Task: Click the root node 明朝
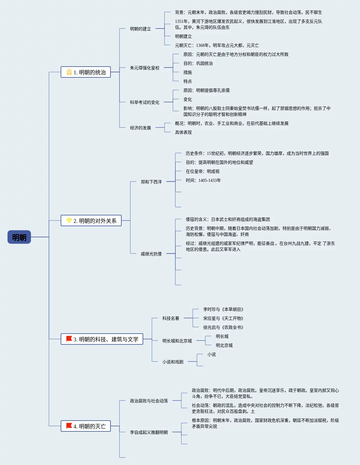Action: tap(19, 237)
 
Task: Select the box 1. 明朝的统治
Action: tap(86, 72)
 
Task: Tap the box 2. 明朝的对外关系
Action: tap(91, 220)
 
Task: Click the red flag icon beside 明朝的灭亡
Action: tap(69, 426)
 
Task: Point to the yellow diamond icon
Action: tap(69, 220)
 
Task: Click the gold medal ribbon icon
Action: tap(69, 72)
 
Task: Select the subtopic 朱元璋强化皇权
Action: tap(144, 68)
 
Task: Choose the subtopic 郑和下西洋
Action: tap(151, 182)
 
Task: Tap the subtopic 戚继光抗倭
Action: tap(151, 254)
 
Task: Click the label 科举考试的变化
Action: tap(144, 102)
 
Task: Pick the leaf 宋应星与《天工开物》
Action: tap(223, 318)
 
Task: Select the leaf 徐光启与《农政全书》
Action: tap(223, 327)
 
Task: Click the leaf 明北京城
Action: tap(224, 345)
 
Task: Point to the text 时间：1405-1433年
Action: tap(203, 180)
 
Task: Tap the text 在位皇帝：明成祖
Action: tap(203, 171)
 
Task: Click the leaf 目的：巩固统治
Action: tap(198, 63)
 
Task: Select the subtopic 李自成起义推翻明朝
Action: tap(149, 432)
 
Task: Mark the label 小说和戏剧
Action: tap(173, 362)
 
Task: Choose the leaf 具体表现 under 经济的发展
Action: tap(183, 132)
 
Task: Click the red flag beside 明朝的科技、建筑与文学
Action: tap(69, 339)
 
